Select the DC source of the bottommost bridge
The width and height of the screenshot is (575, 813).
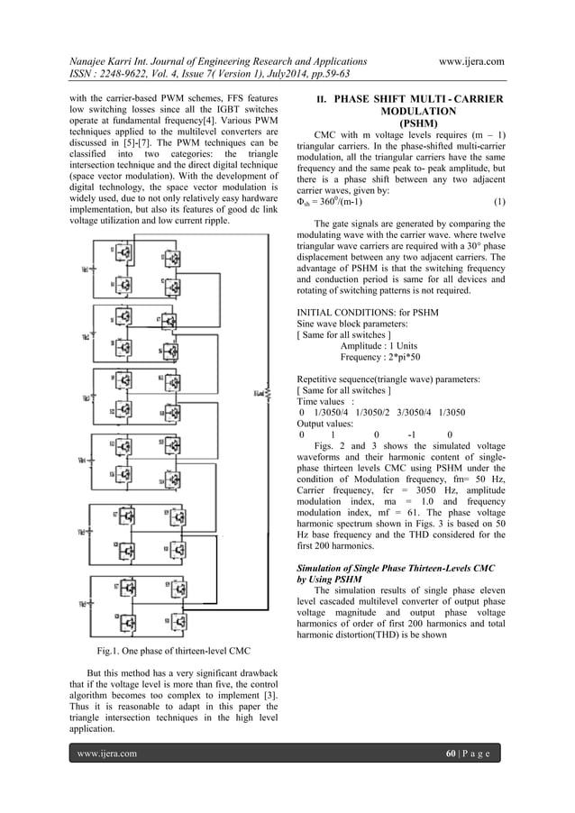coord(86,603)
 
